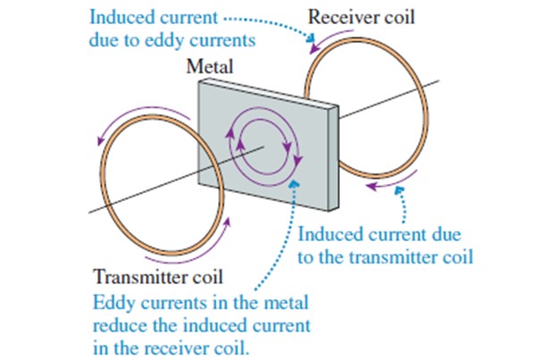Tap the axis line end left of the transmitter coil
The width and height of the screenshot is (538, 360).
88,211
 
